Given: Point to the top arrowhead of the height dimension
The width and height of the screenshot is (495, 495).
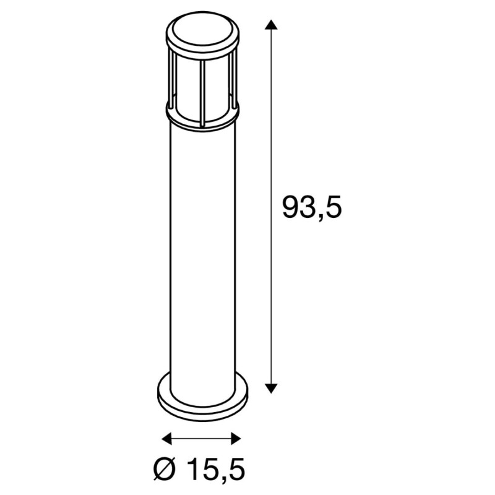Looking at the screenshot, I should [x=270, y=25].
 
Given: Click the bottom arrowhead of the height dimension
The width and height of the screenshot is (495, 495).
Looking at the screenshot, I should [x=270, y=387].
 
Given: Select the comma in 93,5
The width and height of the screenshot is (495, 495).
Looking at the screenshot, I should [x=320, y=217].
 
